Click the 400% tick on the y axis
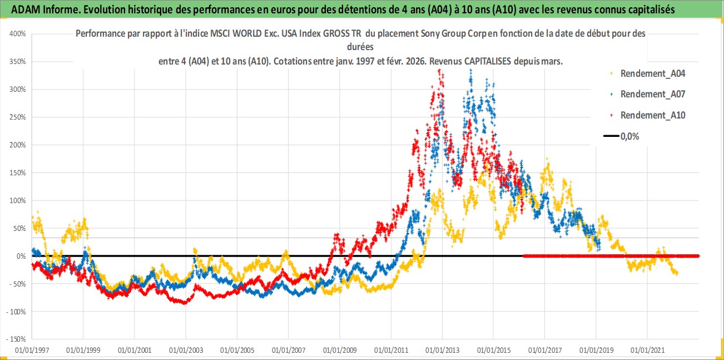(18, 33)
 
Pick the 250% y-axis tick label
(18, 117)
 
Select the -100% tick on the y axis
(17, 312)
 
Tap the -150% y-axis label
(17, 339)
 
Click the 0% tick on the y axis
(21, 256)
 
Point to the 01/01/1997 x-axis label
(32, 351)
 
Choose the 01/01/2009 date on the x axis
(339, 351)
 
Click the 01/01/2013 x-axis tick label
(442, 351)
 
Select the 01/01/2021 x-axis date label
(647, 351)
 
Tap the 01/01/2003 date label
(186, 351)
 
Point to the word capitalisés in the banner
(687, 9)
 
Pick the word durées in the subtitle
(359, 47)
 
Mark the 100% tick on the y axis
(18, 200)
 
